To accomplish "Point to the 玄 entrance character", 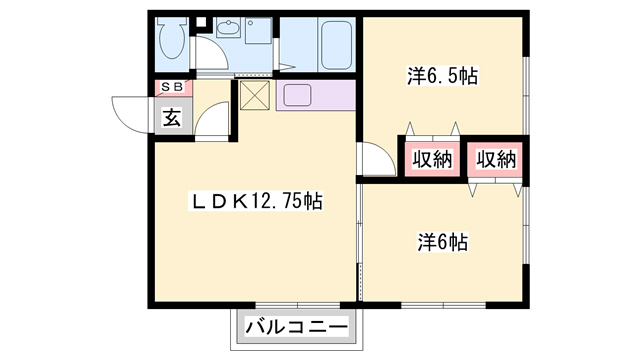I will coord(172,116).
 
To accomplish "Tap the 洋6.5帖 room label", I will coord(440,74).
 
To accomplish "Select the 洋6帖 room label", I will coord(444,241).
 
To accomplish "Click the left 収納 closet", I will coord(431,158).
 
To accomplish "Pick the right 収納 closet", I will coord(495,158).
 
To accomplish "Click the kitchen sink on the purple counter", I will coord(298,96).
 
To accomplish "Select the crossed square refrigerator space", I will coord(253,97).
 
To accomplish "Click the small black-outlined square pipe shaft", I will coord(200,20).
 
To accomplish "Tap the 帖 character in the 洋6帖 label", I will coord(461,241).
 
